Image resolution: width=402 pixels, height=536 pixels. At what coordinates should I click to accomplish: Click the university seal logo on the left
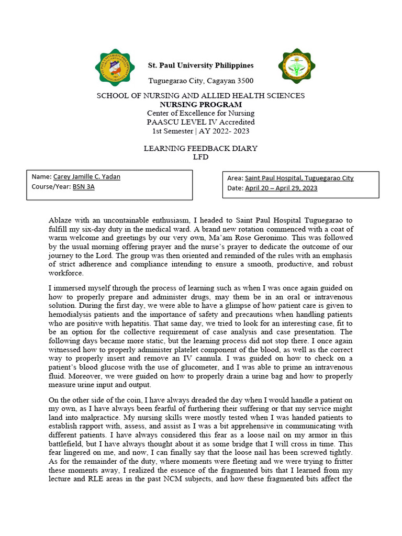point(117,70)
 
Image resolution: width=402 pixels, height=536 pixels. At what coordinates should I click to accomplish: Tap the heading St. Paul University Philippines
point(201,65)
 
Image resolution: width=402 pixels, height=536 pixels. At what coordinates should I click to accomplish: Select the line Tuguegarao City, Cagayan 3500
point(201,81)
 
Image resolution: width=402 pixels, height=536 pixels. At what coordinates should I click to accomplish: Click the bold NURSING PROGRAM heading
point(200,104)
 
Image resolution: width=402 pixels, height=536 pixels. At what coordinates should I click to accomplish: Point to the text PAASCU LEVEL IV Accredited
point(200,121)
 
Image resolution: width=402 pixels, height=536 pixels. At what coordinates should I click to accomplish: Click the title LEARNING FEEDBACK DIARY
point(200,148)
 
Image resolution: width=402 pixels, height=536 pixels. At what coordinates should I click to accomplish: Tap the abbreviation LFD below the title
point(200,157)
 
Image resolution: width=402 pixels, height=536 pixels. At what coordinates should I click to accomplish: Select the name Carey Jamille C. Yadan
point(87,177)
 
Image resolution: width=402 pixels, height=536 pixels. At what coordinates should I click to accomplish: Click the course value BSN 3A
point(83,186)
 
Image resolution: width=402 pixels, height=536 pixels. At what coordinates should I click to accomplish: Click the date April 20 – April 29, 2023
point(281,188)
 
